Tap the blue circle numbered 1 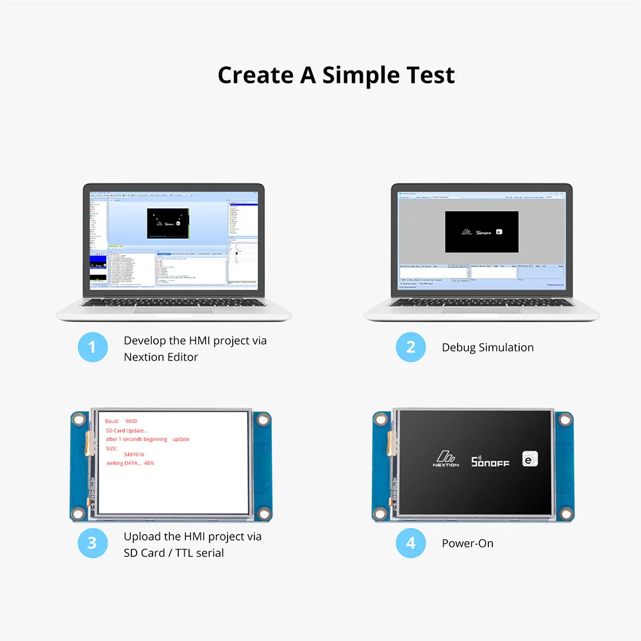(92, 348)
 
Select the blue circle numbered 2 (410, 348)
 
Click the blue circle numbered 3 (92, 543)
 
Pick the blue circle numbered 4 (410, 543)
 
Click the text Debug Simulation (487, 347)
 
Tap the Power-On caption (467, 543)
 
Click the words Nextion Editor (161, 357)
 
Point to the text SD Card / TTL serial (174, 552)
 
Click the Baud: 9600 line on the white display (121, 421)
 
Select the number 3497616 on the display (134, 454)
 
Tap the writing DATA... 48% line (130, 463)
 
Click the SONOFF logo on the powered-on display (490, 462)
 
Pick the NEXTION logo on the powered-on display (445, 460)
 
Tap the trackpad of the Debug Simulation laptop (481, 310)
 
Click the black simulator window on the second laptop (481, 231)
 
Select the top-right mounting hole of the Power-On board (565, 420)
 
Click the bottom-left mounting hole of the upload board (78, 512)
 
